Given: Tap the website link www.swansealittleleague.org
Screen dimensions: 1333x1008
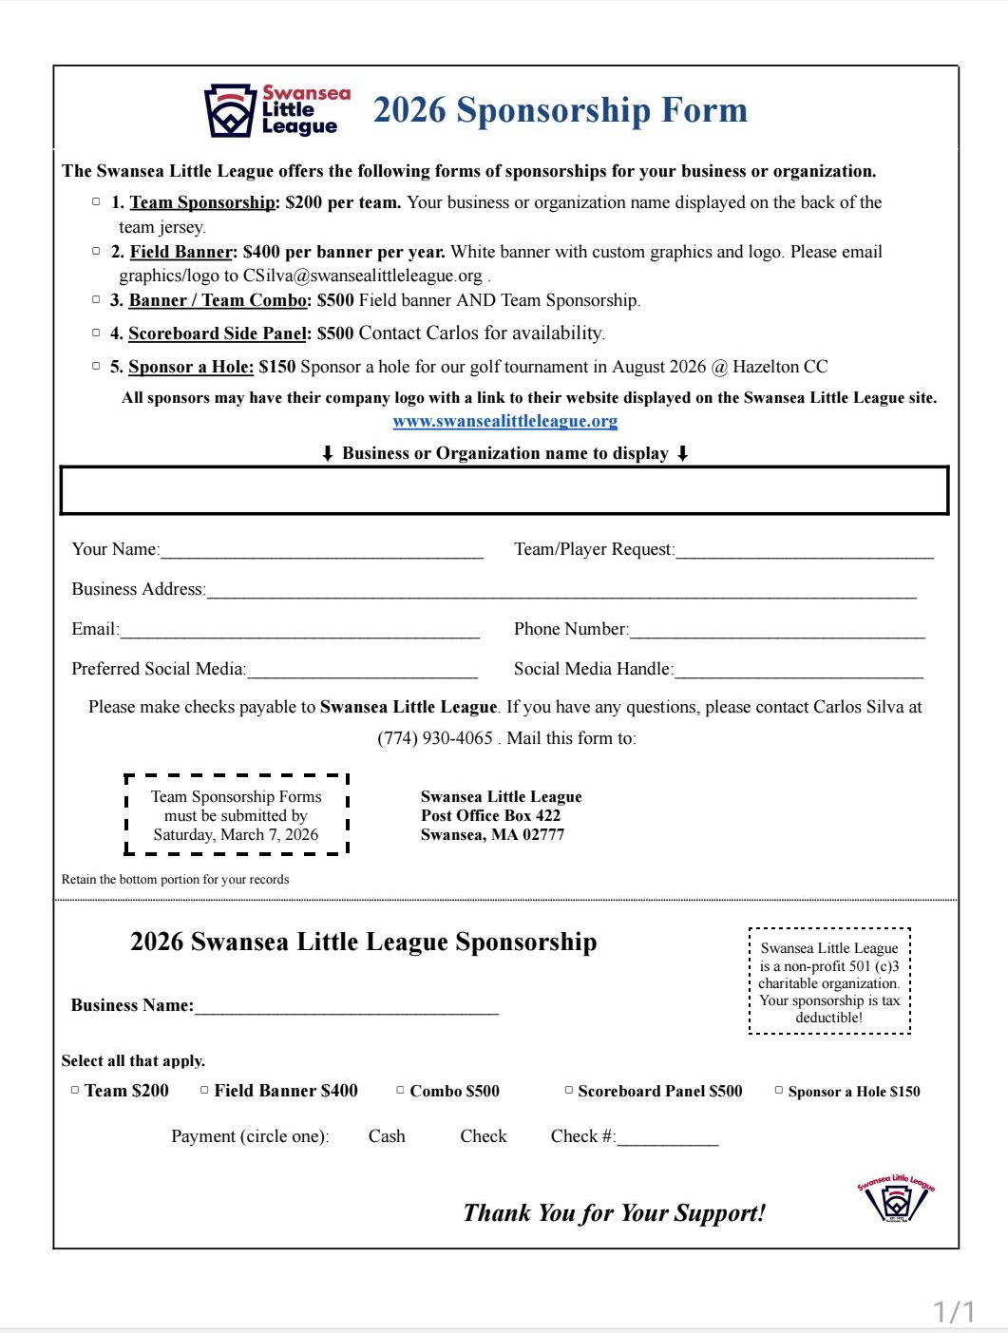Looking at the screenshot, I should (504, 421).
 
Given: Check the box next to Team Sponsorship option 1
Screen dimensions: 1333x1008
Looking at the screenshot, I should (96, 201).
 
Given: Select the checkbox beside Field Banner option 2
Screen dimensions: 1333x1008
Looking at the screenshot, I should (96, 251).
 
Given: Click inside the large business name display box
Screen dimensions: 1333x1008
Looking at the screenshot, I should (504, 490).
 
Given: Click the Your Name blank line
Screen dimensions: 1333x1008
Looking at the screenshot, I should (322, 551).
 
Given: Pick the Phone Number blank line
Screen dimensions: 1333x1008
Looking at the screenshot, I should (776, 631).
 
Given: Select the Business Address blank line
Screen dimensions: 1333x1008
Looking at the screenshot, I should (561, 591).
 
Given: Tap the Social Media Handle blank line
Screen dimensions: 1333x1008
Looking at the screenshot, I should (798, 671).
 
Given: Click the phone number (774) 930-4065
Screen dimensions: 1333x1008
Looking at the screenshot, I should (435, 738).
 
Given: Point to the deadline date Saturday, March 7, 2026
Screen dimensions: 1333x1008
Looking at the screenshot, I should (236, 835).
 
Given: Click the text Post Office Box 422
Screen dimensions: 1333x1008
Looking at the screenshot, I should (490, 815).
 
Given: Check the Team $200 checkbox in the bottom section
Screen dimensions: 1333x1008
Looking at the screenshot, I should (75, 1091).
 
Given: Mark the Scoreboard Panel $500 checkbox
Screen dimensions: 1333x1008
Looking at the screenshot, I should (569, 1091).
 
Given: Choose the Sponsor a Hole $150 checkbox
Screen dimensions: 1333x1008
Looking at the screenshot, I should (779, 1091).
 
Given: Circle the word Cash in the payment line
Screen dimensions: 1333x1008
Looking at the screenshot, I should (387, 1136).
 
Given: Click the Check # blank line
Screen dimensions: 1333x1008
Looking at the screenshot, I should (667, 1138).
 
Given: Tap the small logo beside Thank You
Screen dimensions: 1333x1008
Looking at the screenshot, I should (896, 1199).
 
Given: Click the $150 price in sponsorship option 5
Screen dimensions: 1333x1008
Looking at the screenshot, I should (276, 367).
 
